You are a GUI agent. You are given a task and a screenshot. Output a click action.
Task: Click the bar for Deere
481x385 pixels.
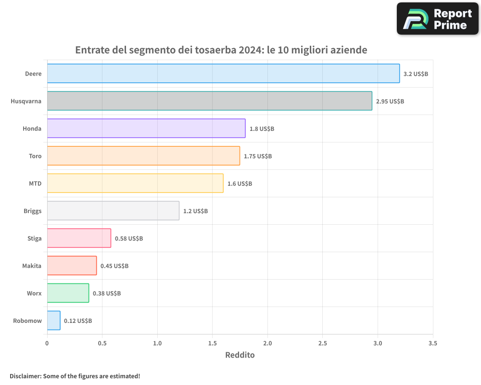[223, 74]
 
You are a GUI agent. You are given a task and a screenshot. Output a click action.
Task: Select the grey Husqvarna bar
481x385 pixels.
[209, 101]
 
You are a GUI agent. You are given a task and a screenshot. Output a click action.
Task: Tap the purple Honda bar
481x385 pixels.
[146, 128]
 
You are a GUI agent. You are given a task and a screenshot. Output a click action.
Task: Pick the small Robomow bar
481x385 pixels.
[53, 321]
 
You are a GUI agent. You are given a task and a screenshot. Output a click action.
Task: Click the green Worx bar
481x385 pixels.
[68, 293]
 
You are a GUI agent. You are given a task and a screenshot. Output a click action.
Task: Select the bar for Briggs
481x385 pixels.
[113, 211]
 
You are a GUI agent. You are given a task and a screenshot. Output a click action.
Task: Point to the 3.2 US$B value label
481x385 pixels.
[416, 74]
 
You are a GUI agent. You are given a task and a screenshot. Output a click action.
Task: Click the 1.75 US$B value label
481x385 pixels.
[258, 156]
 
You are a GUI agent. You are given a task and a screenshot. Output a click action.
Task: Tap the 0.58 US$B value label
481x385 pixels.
[129, 239]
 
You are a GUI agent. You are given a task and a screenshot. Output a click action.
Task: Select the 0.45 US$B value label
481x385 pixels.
[114, 266]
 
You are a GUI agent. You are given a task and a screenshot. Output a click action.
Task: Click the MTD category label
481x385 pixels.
[35, 184]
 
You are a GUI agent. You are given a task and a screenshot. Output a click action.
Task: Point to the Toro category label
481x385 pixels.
[35, 156]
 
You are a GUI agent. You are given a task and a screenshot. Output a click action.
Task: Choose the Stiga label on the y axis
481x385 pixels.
[35, 239]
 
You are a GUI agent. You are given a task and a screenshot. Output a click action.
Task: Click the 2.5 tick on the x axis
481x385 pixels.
[322, 344]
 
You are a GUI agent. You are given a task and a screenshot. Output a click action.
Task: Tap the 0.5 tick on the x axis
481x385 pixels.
[102, 344]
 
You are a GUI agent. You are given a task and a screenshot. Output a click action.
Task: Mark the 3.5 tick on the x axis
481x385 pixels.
[433, 344]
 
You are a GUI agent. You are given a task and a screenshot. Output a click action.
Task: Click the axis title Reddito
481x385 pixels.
[240, 355]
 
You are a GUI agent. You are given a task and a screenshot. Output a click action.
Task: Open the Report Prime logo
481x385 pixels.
[438, 19]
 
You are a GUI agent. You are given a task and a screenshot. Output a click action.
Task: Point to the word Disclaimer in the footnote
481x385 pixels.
[25, 376]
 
